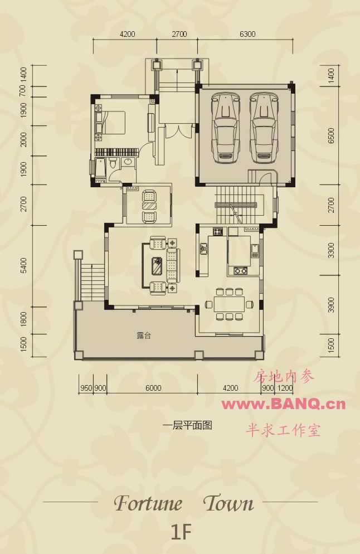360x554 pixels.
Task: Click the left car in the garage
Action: pyautogui.click(x=225, y=128)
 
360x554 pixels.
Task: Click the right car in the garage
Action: pyautogui.click(x=264, y=128)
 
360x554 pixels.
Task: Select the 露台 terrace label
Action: pyautogui.click(x=144, y=336)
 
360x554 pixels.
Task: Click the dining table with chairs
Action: pyautogui.click(x=229, y=304)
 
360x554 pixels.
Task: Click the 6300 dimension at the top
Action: pyautogui.click(x=247, y=34)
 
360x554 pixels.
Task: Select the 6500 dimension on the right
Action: pyautogui.click(x=331, y=135)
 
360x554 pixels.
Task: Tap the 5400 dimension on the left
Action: pyautogui.click(x=23, y=265)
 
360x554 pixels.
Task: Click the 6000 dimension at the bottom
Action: pyautogui.click(x=153, y=388)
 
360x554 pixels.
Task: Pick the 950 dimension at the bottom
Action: pyautogui.click(x=86, y=388)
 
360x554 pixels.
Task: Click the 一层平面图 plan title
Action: pyautogui.click(x=187, y=425)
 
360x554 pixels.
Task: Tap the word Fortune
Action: pyautogui.click(x=148, y=503)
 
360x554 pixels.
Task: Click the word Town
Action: pyautogui.click(x=228, y=503)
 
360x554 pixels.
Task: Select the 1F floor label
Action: pyautogui.click(x=181, y=532)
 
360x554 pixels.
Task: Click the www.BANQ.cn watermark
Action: pyautogui.click(x=283, y=404)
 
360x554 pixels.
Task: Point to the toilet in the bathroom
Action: pyautogui.click(x=113, y=164)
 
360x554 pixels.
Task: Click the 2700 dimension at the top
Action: pyautogui.click(x=179, y=34)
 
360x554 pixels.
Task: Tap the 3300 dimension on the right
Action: pyautogui.click(x=331, y=250)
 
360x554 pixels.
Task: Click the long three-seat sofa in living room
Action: pyautogui.click(x=172, y=265)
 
